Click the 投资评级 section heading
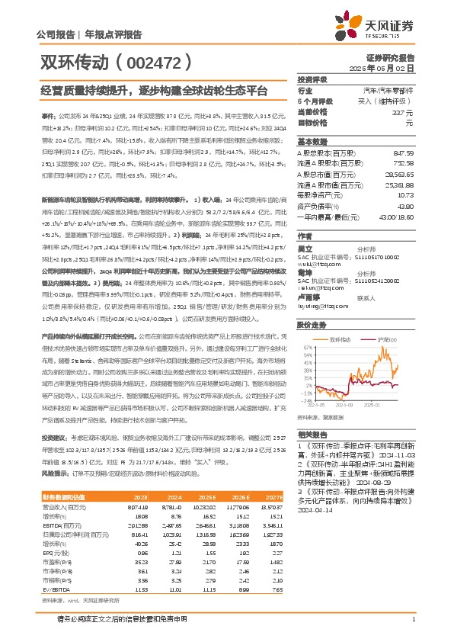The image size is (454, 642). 312,79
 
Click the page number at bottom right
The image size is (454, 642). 412,619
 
